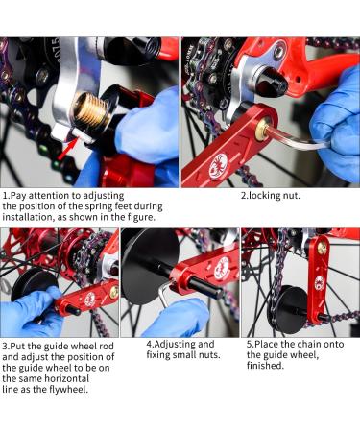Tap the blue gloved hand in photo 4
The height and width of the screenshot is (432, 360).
pos(178,317)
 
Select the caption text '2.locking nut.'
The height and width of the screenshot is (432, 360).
pos(273,196)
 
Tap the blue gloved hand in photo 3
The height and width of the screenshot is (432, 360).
pos(24,315)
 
